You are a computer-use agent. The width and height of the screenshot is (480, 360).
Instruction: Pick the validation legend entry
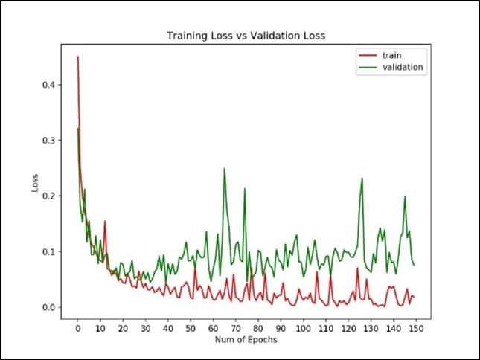[x=403, y=67]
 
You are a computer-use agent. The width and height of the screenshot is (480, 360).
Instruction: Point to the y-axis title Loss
[x=35, y=183]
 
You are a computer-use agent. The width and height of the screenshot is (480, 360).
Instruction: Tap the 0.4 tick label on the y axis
[x=48, y=85]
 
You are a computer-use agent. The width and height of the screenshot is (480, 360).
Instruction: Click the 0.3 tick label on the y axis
[x=48, y=141]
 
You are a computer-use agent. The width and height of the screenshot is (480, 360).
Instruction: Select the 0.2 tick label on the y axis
[x=48, y=196]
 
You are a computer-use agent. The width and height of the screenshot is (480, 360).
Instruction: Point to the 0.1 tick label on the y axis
[x=48, y=252]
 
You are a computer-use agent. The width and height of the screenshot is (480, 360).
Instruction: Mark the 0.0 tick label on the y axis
[x=48, y=307]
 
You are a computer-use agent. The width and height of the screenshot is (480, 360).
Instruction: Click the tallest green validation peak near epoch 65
[x=224, y=169]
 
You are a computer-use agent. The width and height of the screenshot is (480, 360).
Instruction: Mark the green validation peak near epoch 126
[x=362, y=179]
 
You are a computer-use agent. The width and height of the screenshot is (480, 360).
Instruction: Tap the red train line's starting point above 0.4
[x=77, y=57]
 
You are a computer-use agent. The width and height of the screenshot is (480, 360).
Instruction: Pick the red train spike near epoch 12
[x=105, y=221]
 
